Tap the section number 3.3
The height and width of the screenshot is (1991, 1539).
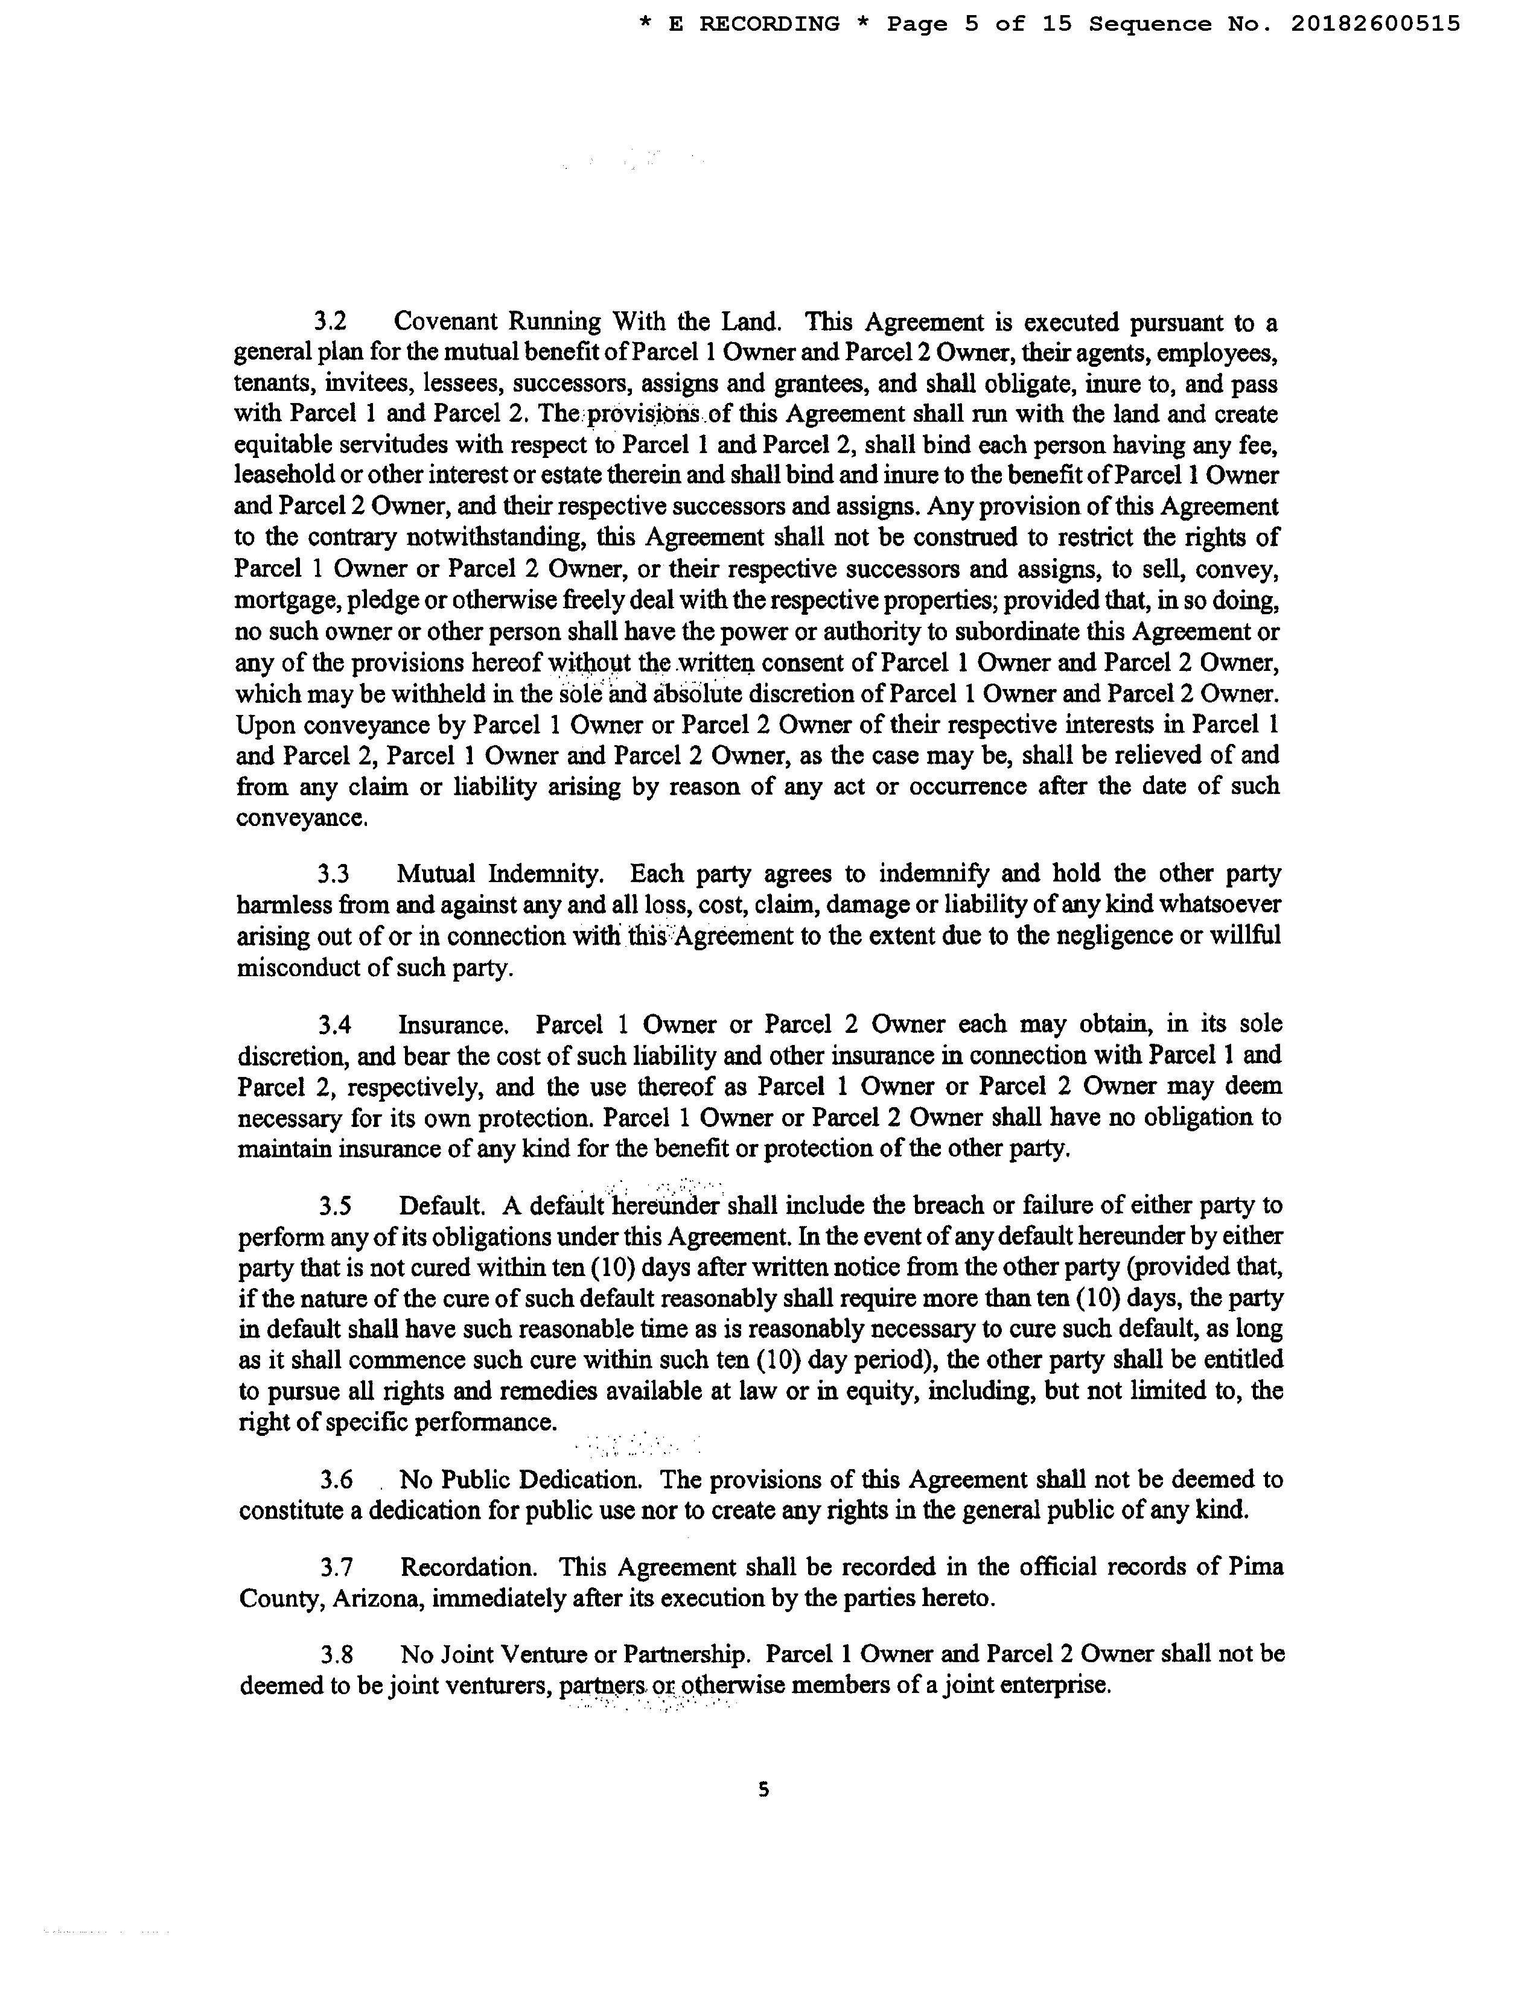(x=334, y=874)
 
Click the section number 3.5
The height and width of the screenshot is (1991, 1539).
(x=336, y=1206)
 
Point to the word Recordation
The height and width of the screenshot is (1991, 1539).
(x=468, y=1567)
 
